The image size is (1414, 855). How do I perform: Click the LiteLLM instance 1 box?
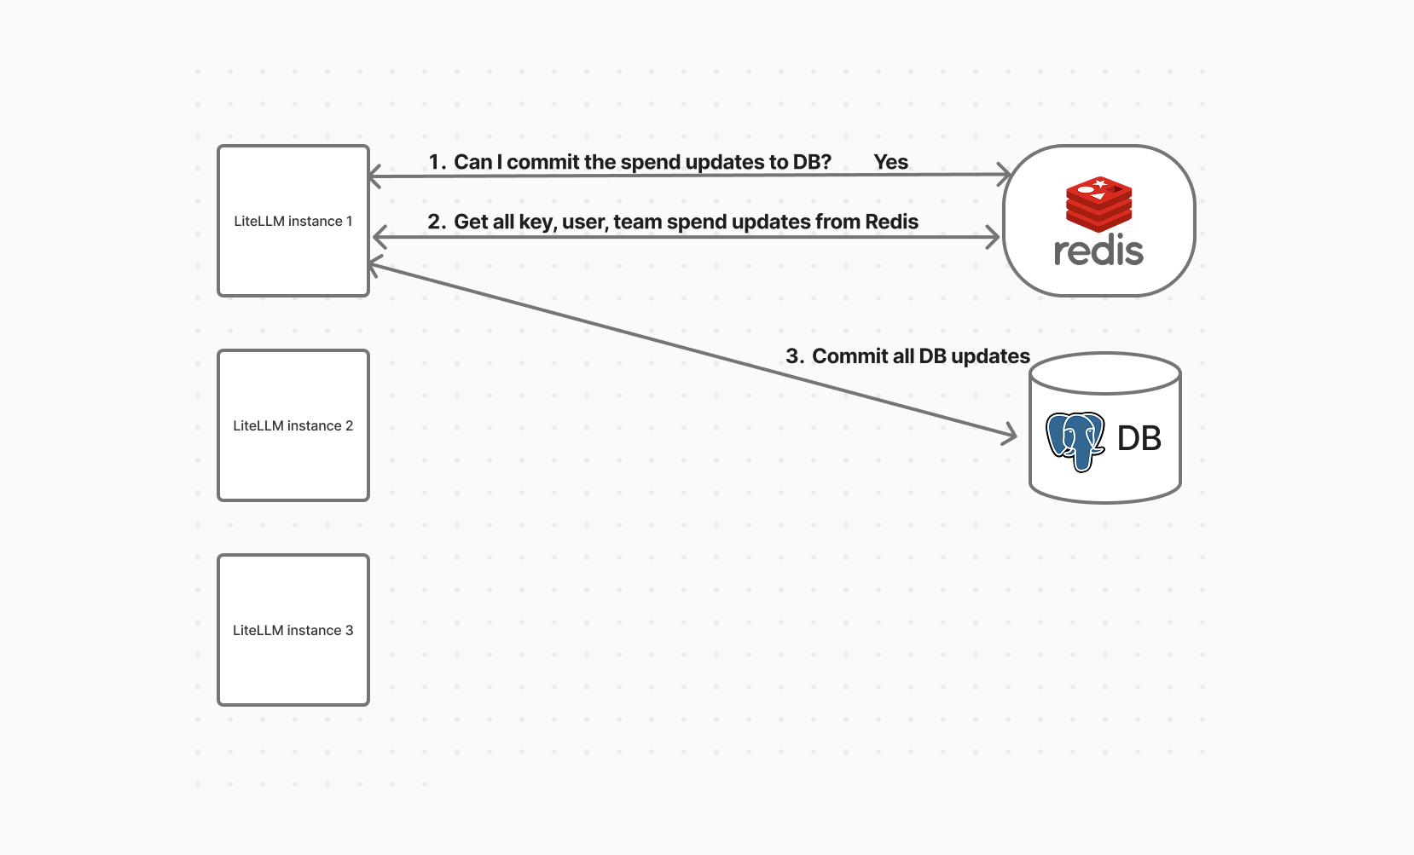pyautogui.click(x=293, y=221)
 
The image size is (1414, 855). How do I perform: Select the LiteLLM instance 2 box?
pyautogui.click(x=293, y=425)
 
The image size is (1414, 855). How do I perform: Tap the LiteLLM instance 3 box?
pyautogui.click(x=293, y=630)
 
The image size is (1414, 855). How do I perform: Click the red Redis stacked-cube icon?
pyautogui.click(x=1098, y=203)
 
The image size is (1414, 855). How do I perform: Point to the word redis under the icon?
pyautogui.click(x=1098, y=251)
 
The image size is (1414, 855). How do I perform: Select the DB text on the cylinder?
pyautogui.click(x=1139, y=438)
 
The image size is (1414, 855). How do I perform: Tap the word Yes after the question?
pyautogui.click(x=890, y=162)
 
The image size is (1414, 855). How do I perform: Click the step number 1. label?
pyautogui.click(x=438, y=162)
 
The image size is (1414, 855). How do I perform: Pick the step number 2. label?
pyautogui.click(x=437, y=222)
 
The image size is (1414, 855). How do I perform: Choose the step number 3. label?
pyautogui.click(x=795, y=356)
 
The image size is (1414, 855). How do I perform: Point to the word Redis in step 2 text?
pyautogui.click(x=891, y=222)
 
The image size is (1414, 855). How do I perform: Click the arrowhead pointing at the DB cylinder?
pyautogui.click(x=1011, y=435)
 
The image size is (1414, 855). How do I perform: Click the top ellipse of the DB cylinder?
pyautogui.click(x=1105, y=373)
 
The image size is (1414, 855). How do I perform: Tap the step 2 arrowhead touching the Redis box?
pyautogui.click(x=994, y=237)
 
